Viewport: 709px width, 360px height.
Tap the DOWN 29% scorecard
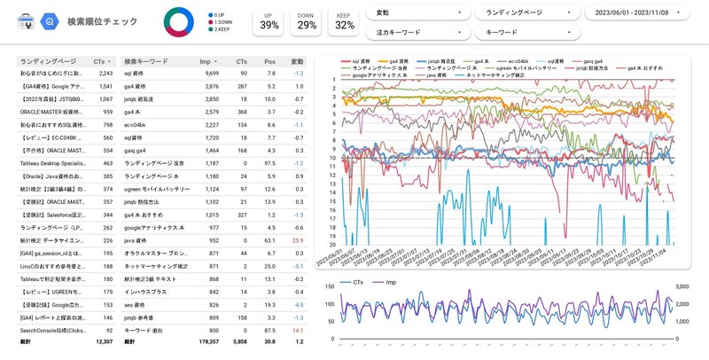307,21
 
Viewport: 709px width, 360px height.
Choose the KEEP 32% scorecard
345,21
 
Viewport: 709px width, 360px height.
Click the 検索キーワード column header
146,61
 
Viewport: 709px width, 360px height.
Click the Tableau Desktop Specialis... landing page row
53,163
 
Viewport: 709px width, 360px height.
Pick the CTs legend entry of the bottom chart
353,282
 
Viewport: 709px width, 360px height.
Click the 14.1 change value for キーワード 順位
298,328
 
